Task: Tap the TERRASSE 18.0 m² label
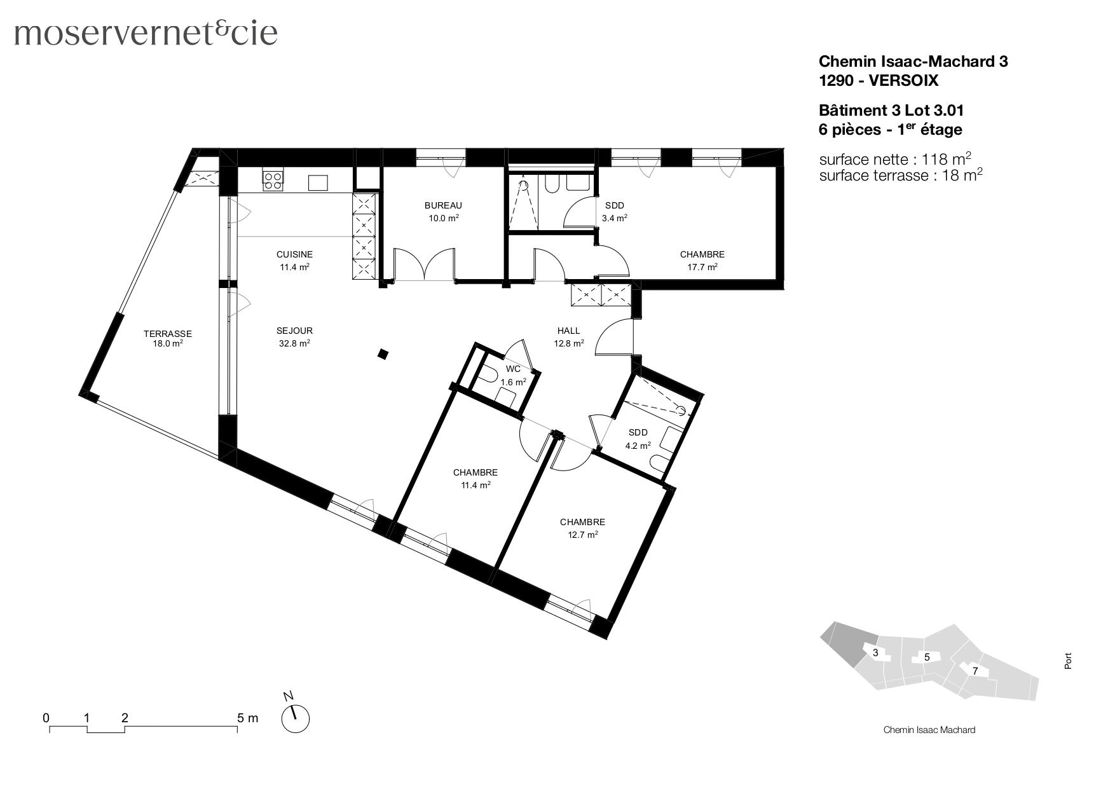coord(167,338)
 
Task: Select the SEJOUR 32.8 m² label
coord(294,336)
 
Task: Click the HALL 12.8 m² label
coord(568,336)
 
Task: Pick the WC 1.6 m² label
coord(513,375)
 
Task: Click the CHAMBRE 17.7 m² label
coord(702,260)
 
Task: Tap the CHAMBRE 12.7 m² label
coord(582,528)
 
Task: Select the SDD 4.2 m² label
coord(638,439)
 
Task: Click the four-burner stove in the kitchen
coord(273,181)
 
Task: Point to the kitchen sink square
coord(318,182)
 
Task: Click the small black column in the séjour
coord(383,354)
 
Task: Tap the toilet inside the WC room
coord(488,375)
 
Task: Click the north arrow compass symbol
coord(295,718)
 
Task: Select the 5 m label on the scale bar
coord(247,718)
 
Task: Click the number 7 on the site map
coord(975,671)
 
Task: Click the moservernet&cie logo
coord(146,33)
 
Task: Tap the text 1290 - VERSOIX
coord(878,81)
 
